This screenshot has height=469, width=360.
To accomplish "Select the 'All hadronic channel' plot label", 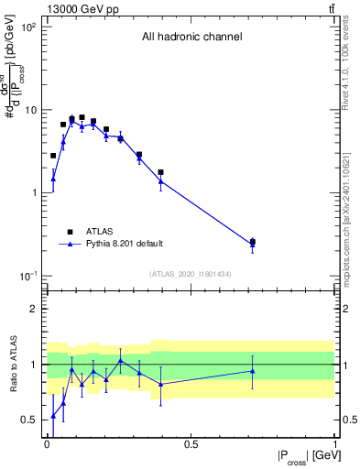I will click(x=191, y=38).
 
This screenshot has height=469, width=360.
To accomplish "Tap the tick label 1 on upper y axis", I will click(x=32, y=193).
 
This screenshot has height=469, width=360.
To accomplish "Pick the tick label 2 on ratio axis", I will click(x=34, y=309).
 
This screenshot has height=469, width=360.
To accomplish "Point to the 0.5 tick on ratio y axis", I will click(x=28, y=420).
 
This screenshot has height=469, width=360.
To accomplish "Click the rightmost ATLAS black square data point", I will click(x=253, y=242).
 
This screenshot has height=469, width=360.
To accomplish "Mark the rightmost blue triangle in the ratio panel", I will click(x=253, y=371).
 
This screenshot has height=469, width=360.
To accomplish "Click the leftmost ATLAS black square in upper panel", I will click(x=53, y=156).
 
